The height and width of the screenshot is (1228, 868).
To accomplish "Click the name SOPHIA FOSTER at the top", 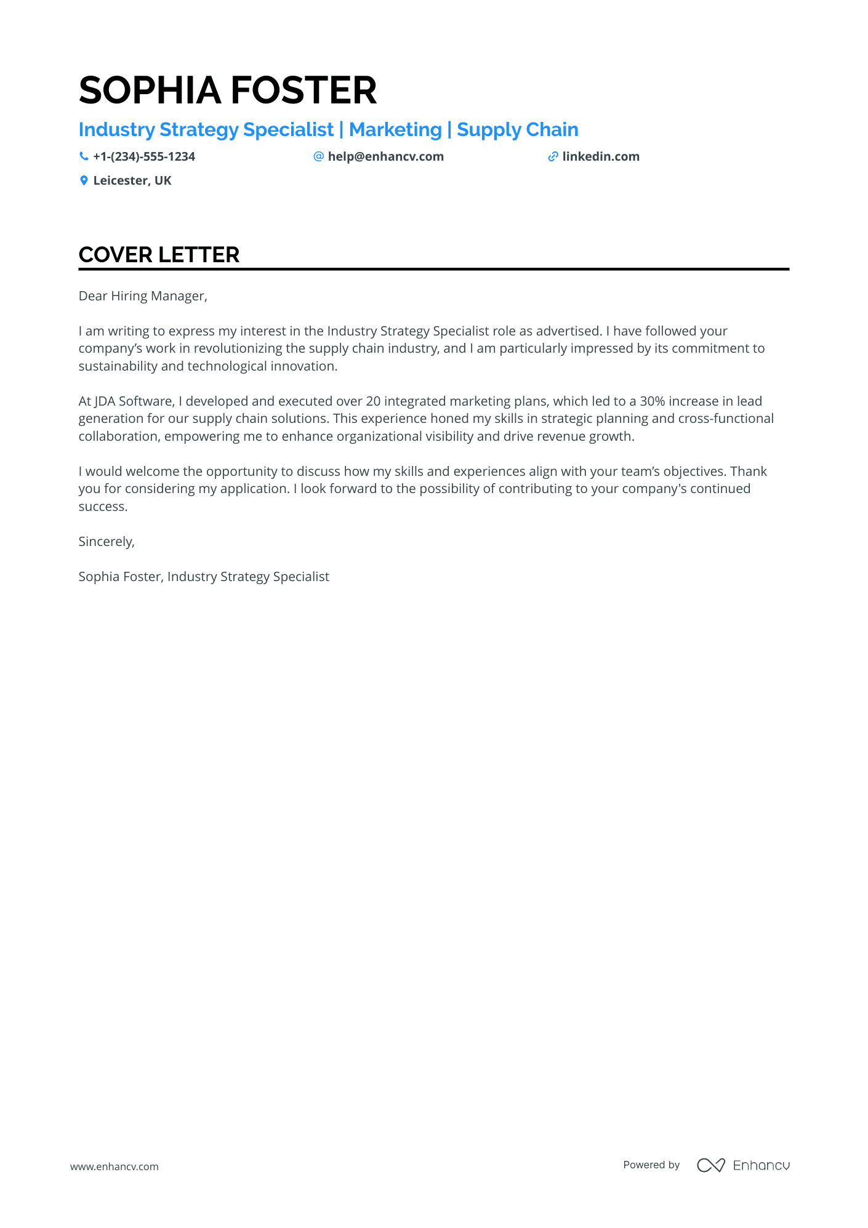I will (227, 90).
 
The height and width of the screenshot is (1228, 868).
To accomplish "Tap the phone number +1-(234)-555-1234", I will (143, 157).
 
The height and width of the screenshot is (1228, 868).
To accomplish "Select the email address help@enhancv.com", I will (385, 157).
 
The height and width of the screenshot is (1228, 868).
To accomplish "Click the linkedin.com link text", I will (600, 157).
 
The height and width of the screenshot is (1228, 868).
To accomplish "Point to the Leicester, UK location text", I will (132, 181).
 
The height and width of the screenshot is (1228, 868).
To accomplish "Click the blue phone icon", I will (84, 157).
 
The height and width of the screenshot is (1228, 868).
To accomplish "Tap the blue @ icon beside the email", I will (318, 157).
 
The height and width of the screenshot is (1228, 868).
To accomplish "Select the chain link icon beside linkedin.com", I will (553, 157).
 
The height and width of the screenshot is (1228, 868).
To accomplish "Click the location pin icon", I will (84, 181).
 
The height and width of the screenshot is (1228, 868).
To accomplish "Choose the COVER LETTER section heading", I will (159, 255).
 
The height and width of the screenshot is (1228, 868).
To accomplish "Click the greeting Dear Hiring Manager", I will (143, 296).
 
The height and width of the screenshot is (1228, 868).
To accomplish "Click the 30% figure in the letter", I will (652, 401).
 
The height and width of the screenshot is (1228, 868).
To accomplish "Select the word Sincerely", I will (106, 542).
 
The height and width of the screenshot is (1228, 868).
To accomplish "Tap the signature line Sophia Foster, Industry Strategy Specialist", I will (204, 577).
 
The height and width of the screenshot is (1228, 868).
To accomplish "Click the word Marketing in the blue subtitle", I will (395, 130).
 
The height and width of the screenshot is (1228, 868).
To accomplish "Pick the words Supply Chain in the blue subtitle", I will (517, 130).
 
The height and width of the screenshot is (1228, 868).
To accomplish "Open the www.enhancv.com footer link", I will (115, 1166).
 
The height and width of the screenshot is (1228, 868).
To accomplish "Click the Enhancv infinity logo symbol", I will (710, 1165).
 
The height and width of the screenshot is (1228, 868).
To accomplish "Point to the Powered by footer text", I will (651, 1165).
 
